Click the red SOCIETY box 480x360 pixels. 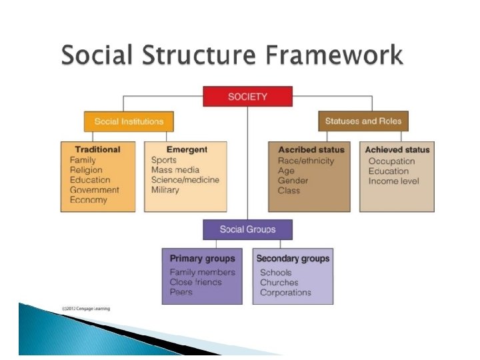coord(247,97)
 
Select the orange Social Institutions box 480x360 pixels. coord(129,121)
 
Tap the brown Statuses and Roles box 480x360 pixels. coord(363,121)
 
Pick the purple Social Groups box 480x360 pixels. coord(247,229)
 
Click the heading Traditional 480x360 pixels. coord(97,150)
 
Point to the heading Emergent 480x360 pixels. coord(187,150)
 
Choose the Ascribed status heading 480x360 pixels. coord(311,150)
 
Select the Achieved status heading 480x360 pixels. coord(397,150)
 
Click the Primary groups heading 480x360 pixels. coord(203,259)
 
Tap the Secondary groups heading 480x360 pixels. coord(293,259)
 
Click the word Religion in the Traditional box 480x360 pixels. coord(86,170)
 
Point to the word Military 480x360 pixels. coord(165,190)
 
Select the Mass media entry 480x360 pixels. coord(175,170)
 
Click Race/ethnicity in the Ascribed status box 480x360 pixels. coord(306,161)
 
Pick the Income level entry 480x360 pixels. coord(394,181)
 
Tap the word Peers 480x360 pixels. coord(181,292)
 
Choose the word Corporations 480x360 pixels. coord(285,292)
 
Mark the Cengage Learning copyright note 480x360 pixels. coord(86,308)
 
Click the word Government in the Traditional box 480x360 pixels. coord(95,190)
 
